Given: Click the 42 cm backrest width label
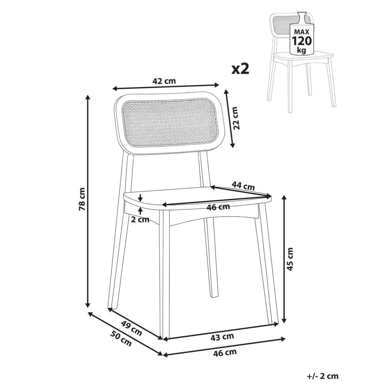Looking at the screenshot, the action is click(x=164, y=81).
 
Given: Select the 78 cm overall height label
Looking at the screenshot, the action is click(x=82, y=199).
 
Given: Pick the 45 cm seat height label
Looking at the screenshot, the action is click(x=290, y=259).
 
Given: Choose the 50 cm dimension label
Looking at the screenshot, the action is click(x=121, y=339).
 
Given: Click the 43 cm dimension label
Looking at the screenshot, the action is click(x=222, y=337).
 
